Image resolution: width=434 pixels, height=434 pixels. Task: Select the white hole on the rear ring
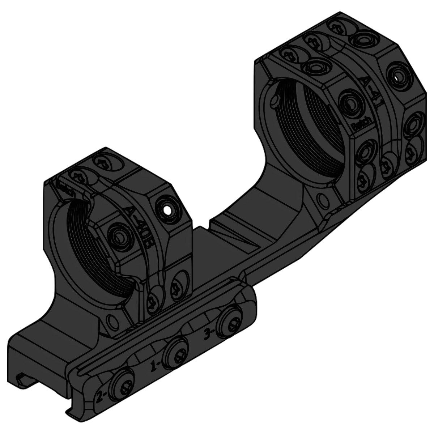click(397, 77)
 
